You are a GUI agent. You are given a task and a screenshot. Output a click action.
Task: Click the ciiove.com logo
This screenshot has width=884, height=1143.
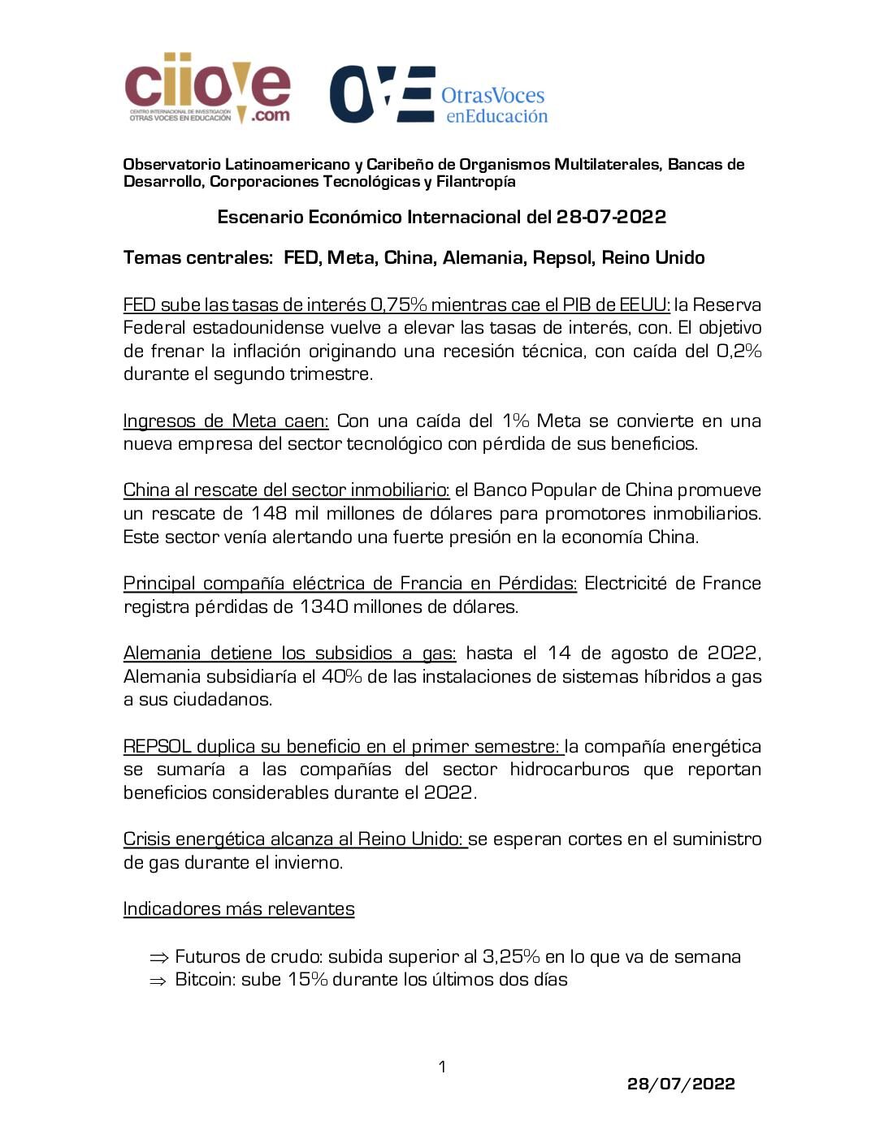pyautogui.click(x=207, y=88)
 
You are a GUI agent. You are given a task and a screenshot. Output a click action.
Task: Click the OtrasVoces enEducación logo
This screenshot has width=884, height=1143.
pyautogui.click(x=439, y=95)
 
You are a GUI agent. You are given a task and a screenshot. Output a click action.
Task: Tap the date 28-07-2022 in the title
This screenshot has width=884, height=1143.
pyautogui.click(x=611, y=217)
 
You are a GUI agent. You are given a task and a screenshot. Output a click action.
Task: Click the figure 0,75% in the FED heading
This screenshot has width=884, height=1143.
pyautogui.click(x=397, y=305)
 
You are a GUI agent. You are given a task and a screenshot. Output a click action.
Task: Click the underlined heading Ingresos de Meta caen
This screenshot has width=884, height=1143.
pyautogui.click(x=226, y=421)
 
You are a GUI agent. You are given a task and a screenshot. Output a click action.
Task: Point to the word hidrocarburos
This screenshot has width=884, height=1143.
pyautogui.click(x=570, y=769)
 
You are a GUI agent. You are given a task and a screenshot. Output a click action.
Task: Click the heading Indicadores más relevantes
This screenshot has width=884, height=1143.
pyautogui.click(x=239, y=908)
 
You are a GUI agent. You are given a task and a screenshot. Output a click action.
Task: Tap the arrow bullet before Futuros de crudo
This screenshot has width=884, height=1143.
pyautogui.click(x=158, y=957)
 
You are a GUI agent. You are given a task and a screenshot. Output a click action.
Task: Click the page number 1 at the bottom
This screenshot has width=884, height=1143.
pyautogui.click(x=442, y=1067)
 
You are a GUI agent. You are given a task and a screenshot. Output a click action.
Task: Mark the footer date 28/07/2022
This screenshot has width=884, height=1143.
pyautogui.click(x=681, y=1084)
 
